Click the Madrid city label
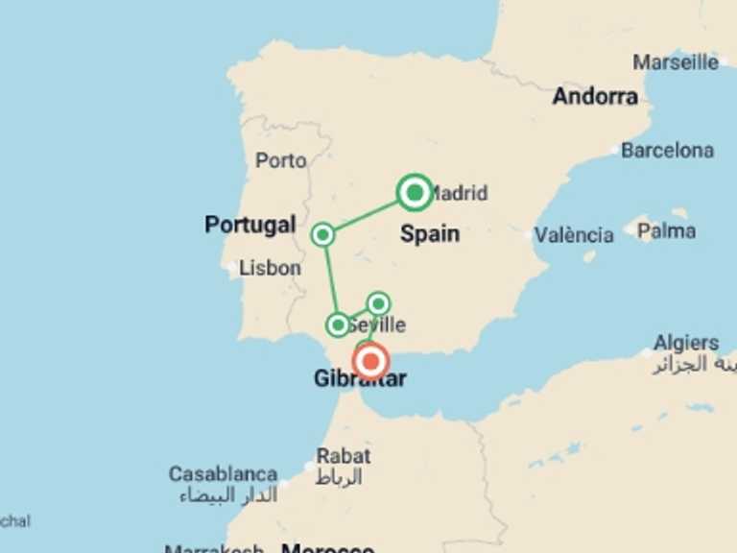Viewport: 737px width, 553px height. coord(459,193)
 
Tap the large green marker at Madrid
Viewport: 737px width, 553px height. coord(415,193)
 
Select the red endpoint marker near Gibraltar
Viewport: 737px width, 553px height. coord(370,361)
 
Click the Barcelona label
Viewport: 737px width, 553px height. coord(667,151)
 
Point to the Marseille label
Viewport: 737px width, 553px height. coord(676,62)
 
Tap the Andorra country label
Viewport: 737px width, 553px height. coord(595,96)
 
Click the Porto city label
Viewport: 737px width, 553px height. coord(280,160)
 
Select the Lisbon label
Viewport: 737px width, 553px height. coord(270,269)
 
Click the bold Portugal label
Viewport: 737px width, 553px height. coord(250,225)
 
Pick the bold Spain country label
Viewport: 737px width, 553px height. coord(429,233)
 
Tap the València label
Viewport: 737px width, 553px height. coord(574,234)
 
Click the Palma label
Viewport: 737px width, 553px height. coord(666,230)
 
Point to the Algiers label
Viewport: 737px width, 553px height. coord(685,343)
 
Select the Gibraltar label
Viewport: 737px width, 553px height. coord(359,379)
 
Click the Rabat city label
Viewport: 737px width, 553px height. coord(343,456)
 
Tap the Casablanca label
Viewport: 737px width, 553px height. coord(223,474)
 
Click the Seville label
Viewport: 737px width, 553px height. coord(381,325)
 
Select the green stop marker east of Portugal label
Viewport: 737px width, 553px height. coord(323,234)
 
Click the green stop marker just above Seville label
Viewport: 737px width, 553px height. coord(379,303)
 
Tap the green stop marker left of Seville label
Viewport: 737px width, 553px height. coord(338,325)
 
